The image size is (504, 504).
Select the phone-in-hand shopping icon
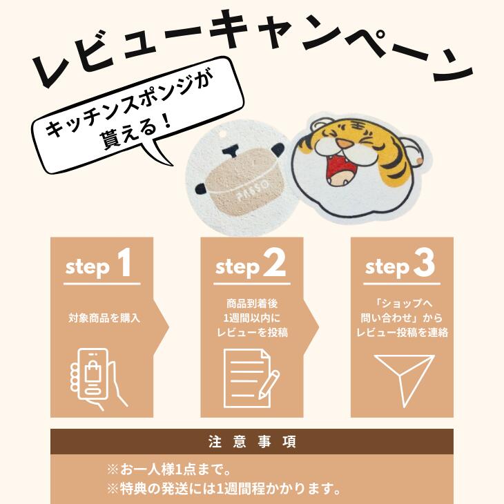pos(98,378)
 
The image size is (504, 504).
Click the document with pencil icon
pos(251,378)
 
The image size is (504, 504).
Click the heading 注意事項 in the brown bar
pos(252,441)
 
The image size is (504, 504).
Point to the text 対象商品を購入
pos(104,318)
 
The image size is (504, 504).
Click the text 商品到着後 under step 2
pos(252,303)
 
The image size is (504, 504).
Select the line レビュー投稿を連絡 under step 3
pos(402,332)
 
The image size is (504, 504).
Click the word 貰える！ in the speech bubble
pos(135,132)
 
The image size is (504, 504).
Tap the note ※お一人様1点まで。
pos(169,470)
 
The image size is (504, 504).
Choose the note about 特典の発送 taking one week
pos(224,490)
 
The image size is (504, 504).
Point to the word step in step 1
pos(88,267)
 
